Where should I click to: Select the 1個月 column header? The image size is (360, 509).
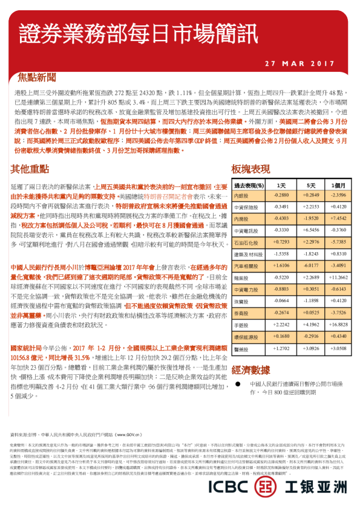pos(338,185)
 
